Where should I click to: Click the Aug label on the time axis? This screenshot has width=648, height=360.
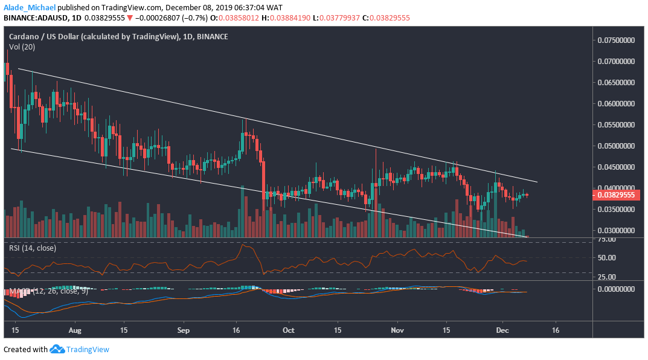pos(75,331)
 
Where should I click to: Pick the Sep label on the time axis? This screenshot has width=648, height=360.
pos(184,331)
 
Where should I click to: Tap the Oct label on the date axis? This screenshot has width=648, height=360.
pos(289,331)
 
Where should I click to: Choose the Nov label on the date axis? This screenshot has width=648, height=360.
pos(397,331)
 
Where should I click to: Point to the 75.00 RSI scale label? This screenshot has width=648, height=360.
pos(606,239)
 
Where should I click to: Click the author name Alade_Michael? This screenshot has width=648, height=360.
pos(28,7)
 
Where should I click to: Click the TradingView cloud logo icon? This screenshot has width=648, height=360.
pos(57,349)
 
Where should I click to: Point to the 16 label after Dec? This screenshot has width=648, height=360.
pos(556,331)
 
